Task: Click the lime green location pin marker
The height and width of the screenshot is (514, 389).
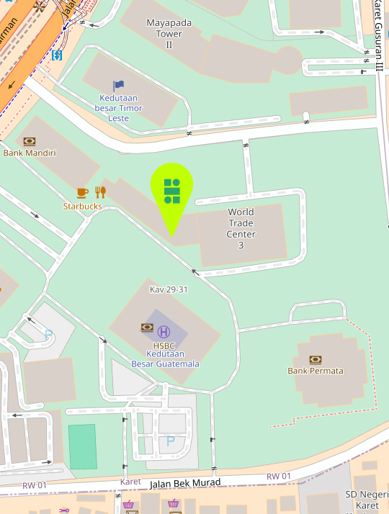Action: (171, 191)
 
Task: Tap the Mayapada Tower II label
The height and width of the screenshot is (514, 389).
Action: (169, 33)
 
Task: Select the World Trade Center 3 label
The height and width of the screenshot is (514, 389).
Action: (241, 229)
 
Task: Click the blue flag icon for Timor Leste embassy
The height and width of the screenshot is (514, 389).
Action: (119, 86)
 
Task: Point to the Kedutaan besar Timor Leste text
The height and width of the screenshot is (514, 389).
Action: (119, 108)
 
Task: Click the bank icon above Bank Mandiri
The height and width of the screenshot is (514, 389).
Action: (30, 141)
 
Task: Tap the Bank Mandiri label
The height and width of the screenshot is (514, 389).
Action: (30, 153)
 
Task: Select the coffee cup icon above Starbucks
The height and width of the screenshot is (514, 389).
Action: (82, 192)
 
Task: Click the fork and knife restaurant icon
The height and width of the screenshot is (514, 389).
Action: (100, 192)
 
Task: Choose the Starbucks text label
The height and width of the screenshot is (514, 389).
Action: (82, 207)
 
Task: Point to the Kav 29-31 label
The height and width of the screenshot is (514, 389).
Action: (169, 289)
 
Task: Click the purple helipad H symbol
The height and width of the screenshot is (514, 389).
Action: (164, 331)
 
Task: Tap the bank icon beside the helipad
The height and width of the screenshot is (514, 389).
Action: (147, 328)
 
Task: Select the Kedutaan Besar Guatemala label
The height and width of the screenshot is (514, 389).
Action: (165, 359)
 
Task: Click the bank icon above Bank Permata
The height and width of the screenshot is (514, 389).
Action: (315, 359)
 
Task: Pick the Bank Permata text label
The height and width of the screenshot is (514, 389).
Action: (316, 371)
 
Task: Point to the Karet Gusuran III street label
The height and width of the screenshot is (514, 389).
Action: (379, 36)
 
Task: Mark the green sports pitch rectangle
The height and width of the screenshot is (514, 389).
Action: (82, 446)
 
